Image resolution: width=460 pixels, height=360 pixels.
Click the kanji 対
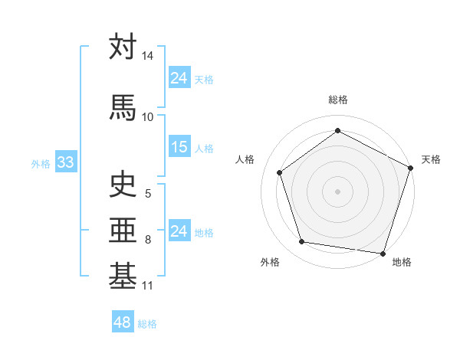click(x=123, y=47)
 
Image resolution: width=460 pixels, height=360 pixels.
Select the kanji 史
click(x=123, y=185)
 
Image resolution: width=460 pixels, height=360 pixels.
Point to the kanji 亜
click(x=123, y=231)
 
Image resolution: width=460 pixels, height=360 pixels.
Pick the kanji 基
click(x=123, y=276)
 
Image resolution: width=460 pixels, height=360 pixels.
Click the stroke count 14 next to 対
click(x=147, y=57)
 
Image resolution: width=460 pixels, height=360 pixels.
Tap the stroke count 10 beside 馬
click(x=147, y=116)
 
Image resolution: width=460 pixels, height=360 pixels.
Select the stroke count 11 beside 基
click(x=147, y=286)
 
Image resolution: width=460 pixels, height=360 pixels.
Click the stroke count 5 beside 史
click(x=148, y=195)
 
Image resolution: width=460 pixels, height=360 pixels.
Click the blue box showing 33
click(x=64, y=162)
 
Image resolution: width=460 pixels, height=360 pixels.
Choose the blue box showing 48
click(x=122, y=322)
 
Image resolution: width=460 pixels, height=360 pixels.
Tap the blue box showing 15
click(x=179, y=147)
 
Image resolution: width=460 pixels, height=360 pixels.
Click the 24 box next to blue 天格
click(x=179, y=78)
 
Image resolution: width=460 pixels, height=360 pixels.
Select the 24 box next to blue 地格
click(x=179, y=231)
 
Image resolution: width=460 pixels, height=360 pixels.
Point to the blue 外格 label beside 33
click(x=41, y=163)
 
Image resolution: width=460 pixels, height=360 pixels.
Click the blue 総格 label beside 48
click(x=147, y=324)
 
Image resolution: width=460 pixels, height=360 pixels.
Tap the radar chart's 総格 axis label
click(x=338, y=100)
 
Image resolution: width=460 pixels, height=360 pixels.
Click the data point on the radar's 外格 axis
click(x=302, y=242)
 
